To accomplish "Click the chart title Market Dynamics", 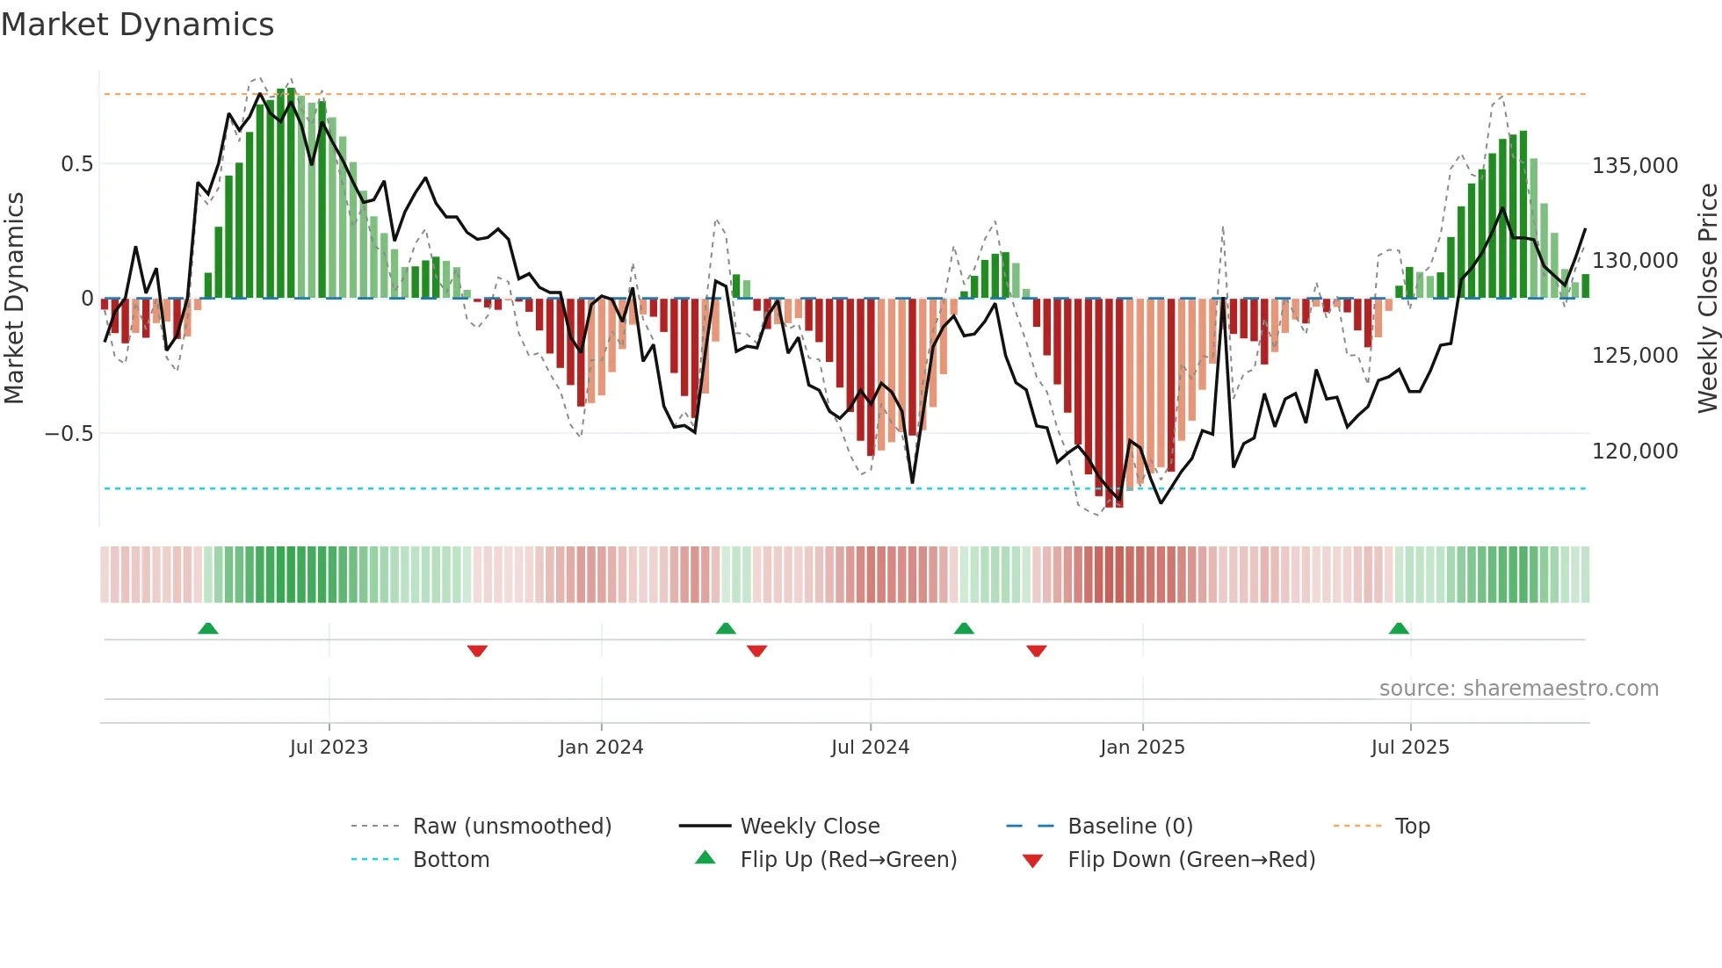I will (x=137, y=25).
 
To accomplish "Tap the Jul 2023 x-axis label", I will (x=329, y=748).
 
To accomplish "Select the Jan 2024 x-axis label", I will (x=601, y=748).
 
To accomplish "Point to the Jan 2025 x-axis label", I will (x=1142, y=748).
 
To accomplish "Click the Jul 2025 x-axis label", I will (x=1410, y=748).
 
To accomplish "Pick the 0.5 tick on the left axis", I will (x=76, y=164).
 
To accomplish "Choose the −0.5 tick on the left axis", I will (x=69, y=434).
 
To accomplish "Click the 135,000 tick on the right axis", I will (x=1635, y=166).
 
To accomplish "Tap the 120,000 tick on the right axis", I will (x=1635, y=451).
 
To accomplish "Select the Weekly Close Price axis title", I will (x=1707, y=299).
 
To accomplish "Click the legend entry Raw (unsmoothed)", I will (x=511, y=827).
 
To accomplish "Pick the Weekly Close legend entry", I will (x=809, y=827).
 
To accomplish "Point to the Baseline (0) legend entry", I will (x=1130, y=827).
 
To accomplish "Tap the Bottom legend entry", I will (x=451, y=860).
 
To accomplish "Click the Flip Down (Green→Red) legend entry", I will (x=1190, y=860).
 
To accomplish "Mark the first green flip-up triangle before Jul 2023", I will (x=208, y=629).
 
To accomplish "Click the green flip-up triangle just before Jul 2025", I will (x=1399, y=629).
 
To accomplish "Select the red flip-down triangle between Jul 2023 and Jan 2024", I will (x=477, y=651).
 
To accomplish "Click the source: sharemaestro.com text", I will (x=1518, y=689).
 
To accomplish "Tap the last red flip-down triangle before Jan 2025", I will (x=1037, y=651).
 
